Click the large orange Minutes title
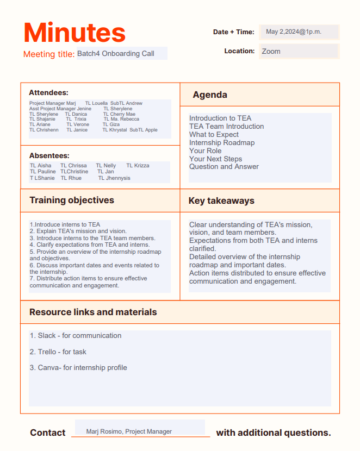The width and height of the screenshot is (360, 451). tap(75, 32)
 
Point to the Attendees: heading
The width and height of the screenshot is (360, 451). tap(48, 93)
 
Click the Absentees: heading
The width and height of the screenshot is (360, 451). tap(49, 155)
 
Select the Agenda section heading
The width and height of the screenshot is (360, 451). tap(210, 95)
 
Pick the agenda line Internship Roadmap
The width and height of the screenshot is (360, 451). tap(222, 143)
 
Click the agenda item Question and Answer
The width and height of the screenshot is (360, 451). tap(224, 167)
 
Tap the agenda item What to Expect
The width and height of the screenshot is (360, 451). tap(214, 135)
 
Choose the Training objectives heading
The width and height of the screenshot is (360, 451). tap(72, 200)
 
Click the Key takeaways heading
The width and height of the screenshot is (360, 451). tap(221, 201)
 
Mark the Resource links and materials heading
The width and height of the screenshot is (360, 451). tap(93, 312)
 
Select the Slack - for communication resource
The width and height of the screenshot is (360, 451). tap(76, 336)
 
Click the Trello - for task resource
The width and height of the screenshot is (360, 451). tap(58, 352)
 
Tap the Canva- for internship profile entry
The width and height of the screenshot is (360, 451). tap(78, 368)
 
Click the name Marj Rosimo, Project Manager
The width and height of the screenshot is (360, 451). tap(129, 431)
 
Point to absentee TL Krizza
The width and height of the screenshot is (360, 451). tap(138, 166)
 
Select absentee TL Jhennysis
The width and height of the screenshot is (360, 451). tap(114, 178)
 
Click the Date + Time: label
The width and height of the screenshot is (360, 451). tap(233, 32)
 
